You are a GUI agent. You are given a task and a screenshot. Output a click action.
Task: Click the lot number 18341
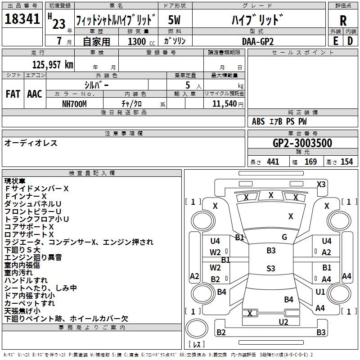coord(22,19)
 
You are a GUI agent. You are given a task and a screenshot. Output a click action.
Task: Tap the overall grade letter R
coord(343,21)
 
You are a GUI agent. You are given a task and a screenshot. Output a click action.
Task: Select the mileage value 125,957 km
coord(53,65)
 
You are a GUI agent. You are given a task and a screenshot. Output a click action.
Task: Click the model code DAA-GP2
coord(258,41)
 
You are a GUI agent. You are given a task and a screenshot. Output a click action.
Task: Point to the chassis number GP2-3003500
coord(302,143)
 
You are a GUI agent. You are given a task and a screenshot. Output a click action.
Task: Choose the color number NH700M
coord(74,104)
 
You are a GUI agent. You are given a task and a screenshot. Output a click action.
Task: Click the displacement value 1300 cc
coord(141,41)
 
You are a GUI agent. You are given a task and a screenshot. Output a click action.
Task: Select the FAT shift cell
coord(13,94)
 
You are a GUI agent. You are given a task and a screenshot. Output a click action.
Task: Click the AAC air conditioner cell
coord(35,94)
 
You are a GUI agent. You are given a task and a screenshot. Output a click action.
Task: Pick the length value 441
coord(273,162)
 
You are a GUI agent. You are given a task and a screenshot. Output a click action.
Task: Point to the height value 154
coord(346,162)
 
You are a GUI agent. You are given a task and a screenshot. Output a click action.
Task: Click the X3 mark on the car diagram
coord(321,184)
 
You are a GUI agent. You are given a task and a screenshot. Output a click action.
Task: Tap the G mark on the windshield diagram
coord(284,237)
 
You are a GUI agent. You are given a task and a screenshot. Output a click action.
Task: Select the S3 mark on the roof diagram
coord(271,268)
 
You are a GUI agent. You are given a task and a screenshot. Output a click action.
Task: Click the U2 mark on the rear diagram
coord(283,322)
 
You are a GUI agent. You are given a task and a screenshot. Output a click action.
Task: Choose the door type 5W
coord(174,20)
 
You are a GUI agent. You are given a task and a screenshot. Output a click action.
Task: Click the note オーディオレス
coord(31,143)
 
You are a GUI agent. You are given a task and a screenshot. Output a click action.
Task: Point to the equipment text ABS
coord(258,121)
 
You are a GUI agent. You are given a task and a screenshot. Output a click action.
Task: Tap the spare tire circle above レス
coord(197,328)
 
